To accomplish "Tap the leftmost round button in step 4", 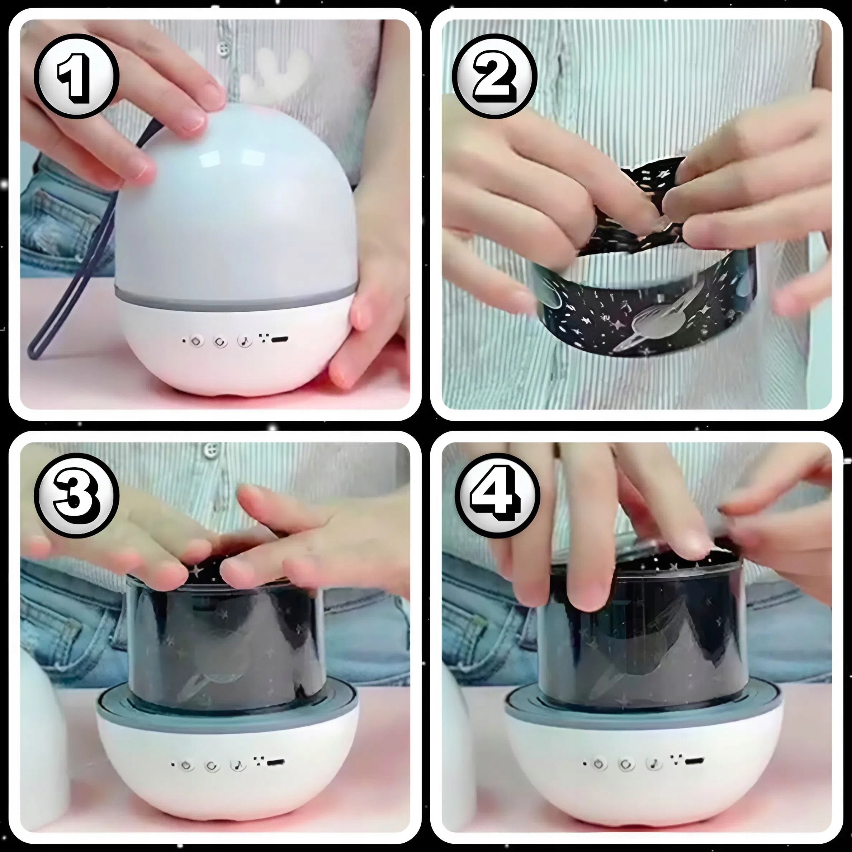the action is [x=599, y=764].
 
